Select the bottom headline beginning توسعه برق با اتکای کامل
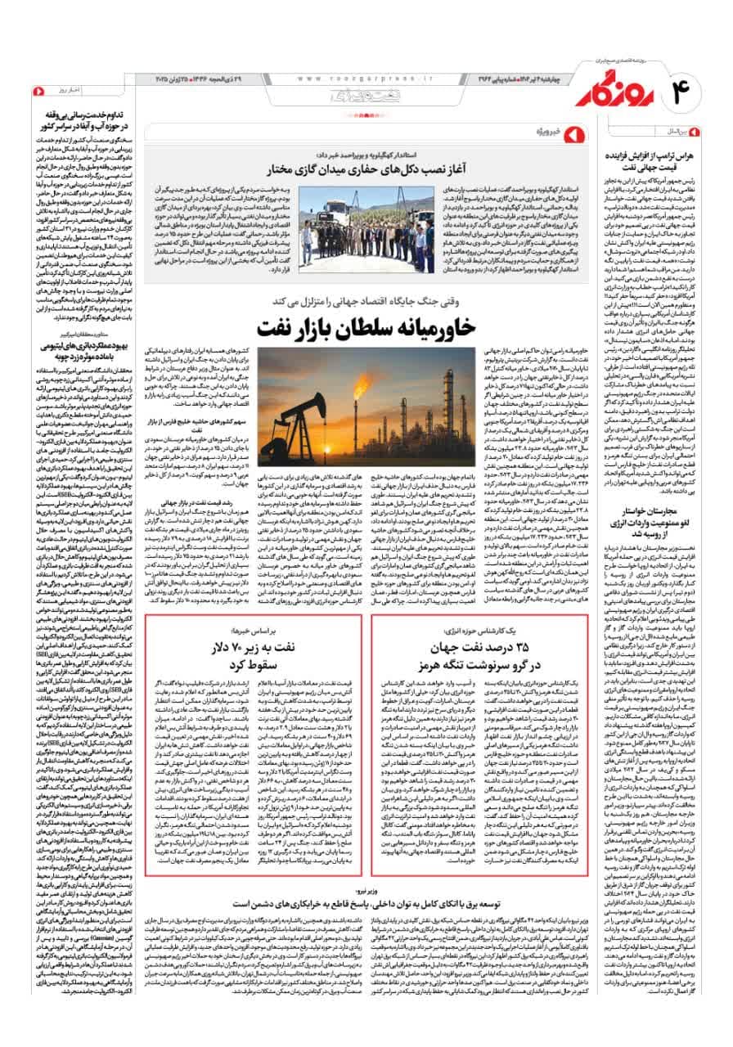[x=366, y=904]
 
